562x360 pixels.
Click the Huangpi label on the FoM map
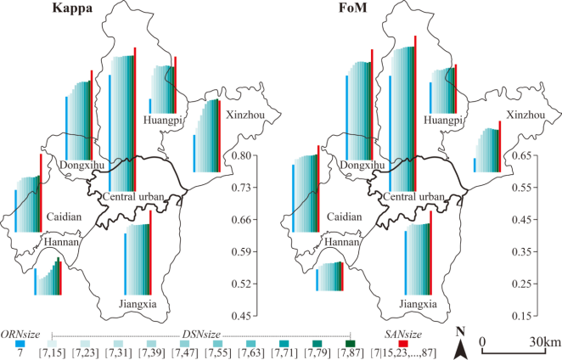444,121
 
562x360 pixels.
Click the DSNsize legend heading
201,334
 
